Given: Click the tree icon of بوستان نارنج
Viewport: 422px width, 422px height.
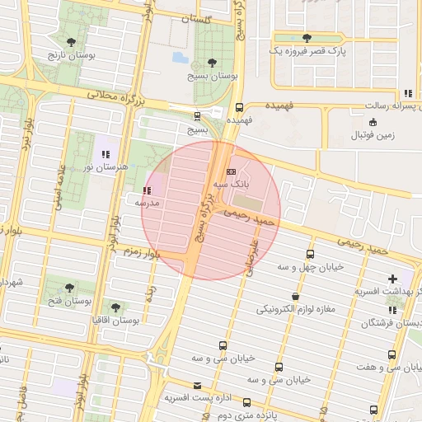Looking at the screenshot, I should (x=73, y=40).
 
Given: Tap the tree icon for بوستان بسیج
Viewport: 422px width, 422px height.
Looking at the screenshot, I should (x=213, y=63).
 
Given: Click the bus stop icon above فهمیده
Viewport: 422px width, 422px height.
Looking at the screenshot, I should (x=239, y=107).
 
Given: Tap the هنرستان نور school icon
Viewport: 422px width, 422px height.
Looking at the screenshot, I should (x=105, y=154).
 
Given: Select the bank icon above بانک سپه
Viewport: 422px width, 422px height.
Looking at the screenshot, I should (x=231, y=171).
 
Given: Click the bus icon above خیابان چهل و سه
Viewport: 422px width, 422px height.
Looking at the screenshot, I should (x=310, y=254).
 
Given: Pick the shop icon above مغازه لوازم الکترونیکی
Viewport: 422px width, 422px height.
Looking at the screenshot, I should (x=295, y=296).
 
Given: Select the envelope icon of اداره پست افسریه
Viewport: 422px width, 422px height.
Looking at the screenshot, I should (x=196, y=385).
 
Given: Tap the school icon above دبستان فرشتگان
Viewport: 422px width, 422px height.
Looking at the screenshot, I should (x=392, y=310).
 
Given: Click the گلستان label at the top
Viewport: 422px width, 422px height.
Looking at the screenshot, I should (x=218, y=18).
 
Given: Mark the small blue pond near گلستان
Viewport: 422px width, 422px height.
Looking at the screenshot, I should (x=180, y=58).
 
